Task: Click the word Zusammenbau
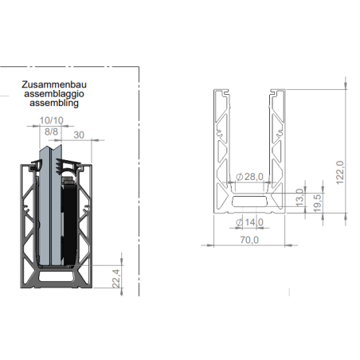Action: pyautogui.click(x=54, y=84)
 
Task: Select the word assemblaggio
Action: pyautogui.click(x=54, y=94)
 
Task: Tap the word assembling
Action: pyautogui.click(x=54, y=103)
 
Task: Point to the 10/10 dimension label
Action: pyautogui.click(x=52, y=120)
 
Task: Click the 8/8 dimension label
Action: pyautogui.click(x=51, y=131)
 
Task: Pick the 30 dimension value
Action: pyautogui.click(x=79, y=135)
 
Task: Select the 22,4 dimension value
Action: pyautogui.click(x=116, y=279)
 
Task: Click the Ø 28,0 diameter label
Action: pyautogui.click(x=249, y=177)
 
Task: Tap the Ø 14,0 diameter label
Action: pyautogui.click(x=249, y=222)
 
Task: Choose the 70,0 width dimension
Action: pyautogui.click(x=249, y=240)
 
